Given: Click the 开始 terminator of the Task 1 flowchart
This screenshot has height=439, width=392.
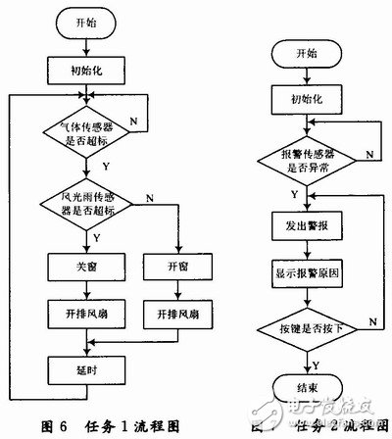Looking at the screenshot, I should click(x=87, y=22).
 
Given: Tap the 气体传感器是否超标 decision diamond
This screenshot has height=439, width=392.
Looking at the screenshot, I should click(x=88, y=136).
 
